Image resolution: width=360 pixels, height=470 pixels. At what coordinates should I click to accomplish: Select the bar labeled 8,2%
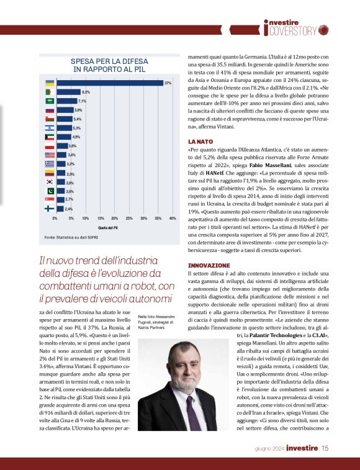[68, 92]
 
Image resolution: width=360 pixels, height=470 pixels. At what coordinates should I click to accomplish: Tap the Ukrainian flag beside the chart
[50, 83]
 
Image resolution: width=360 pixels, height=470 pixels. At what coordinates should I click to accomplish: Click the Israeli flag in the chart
[50, 127]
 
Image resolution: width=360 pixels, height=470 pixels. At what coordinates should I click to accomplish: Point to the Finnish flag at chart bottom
[50, 209]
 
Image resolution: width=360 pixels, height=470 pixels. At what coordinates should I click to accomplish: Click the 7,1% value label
[82, 101]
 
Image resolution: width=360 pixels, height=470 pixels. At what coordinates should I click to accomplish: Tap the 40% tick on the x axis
[173, 219]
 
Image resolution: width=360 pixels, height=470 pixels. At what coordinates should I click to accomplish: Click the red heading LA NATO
[200, 142]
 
